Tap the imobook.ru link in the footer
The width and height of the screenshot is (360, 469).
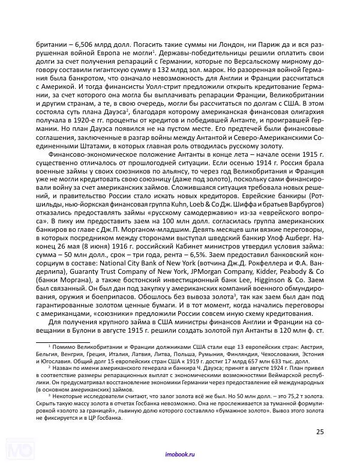pyautogui.click(x=180, y=456)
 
